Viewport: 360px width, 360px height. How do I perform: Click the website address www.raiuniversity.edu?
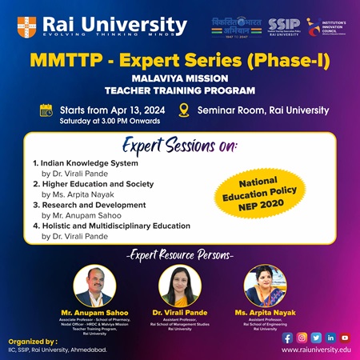point(316,350)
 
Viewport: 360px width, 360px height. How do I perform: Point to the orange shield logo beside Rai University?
point(26,26)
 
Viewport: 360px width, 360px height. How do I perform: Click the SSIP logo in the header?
point(284,26)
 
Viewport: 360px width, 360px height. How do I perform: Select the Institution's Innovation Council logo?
point(326,25)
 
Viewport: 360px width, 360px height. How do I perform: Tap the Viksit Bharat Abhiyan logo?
point(235,26)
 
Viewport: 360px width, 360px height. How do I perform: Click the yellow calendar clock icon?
point(46,110)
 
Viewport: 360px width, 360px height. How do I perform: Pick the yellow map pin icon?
point(206,110)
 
